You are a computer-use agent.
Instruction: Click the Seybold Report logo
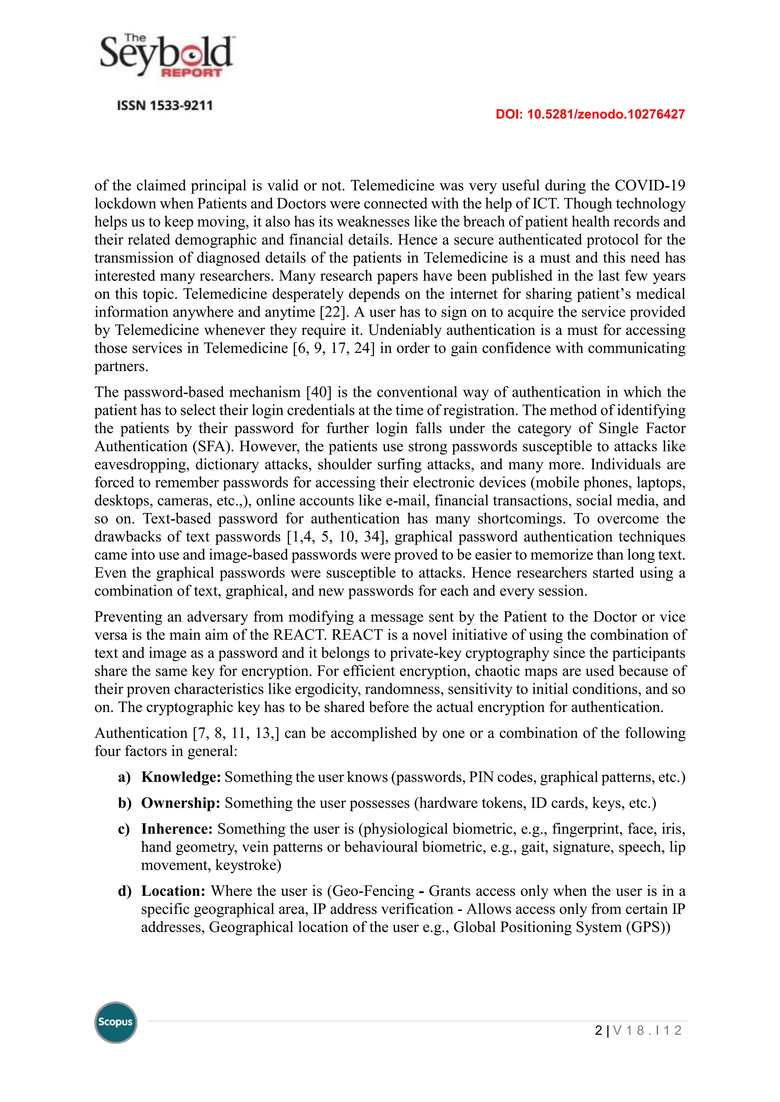166,57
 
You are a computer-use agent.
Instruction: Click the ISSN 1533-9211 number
165,105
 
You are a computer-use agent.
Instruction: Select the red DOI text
590,114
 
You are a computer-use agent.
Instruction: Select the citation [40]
319,392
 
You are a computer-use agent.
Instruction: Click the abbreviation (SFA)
213,446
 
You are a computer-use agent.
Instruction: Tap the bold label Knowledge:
181,777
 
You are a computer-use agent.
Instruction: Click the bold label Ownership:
181,803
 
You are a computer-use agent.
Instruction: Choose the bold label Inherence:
177,829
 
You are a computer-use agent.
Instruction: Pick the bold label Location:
173,891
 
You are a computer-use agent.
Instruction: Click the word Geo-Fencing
373,891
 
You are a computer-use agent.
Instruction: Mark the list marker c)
124,829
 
